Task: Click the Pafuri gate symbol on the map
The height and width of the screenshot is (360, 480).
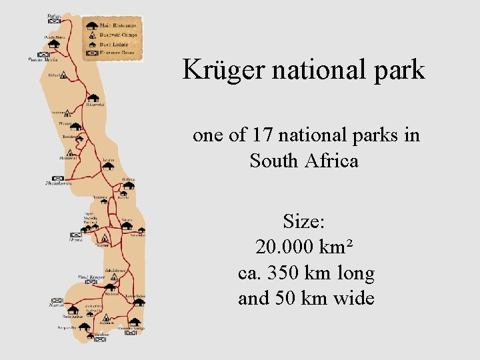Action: [x=53, y=21]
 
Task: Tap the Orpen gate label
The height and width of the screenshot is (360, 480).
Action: [x=76, y=240]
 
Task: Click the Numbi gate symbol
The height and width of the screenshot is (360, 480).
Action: [x=57, y=301]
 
